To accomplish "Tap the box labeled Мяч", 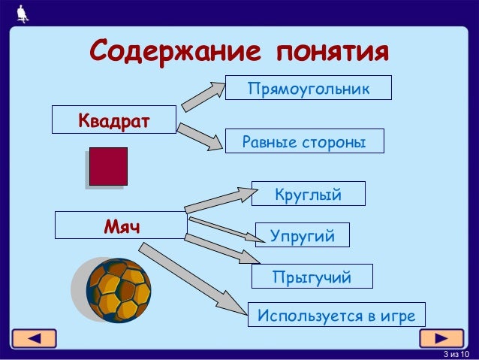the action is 121,225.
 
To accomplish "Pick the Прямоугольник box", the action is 308,89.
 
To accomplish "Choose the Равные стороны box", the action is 304,141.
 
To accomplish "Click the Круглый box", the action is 308,194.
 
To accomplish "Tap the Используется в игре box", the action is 336,314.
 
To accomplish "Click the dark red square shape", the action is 108,165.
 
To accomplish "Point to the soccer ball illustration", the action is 118,290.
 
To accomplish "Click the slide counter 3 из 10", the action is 454,354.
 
